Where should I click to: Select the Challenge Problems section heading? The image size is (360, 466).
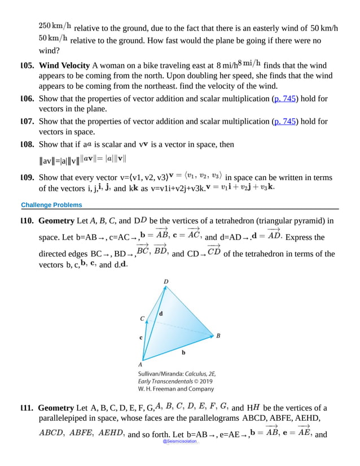tap(51, 204)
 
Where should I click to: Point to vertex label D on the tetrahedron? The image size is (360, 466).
tap(165, 281)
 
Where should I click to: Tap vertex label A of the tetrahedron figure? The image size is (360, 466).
tap(140, 364)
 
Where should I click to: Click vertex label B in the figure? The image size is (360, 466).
tap(218, 335)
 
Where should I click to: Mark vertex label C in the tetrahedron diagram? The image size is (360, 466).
tap(142, 318)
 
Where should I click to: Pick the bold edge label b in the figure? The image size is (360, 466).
tap(183, 352)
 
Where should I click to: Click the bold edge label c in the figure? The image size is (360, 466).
tap(141, 338)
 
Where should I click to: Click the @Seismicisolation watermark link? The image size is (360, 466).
tap(179, 441)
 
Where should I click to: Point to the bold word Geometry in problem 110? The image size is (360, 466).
tap(56, 220)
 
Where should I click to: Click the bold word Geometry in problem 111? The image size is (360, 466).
tap(56, 408)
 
